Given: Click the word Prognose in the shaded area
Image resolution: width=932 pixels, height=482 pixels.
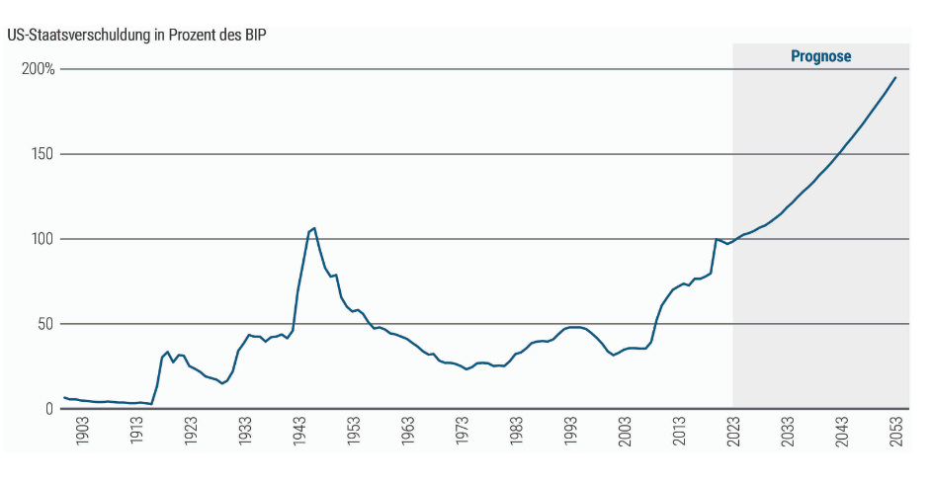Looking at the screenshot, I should [820, 57].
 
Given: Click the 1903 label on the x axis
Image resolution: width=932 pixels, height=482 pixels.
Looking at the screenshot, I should [82, 432].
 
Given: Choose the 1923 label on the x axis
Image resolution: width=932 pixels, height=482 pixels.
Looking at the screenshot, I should [191, 432].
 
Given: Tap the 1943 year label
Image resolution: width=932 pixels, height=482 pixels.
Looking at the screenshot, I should [298, 432].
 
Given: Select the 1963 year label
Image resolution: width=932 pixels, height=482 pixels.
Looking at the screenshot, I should [407, 432].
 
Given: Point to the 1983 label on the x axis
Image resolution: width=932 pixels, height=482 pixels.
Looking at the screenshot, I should [516, 432].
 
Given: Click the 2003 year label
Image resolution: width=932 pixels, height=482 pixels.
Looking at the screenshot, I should [625, 432].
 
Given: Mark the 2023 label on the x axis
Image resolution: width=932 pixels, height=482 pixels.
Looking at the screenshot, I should [733, 432].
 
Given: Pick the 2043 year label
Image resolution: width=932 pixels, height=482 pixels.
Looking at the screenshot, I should [841, 432].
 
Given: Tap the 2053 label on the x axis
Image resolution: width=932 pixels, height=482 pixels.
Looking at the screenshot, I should [895, 432].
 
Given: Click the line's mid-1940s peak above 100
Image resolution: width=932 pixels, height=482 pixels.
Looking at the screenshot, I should [314, 228].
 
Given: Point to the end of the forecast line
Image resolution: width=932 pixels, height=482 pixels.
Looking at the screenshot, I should [895, 78].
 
